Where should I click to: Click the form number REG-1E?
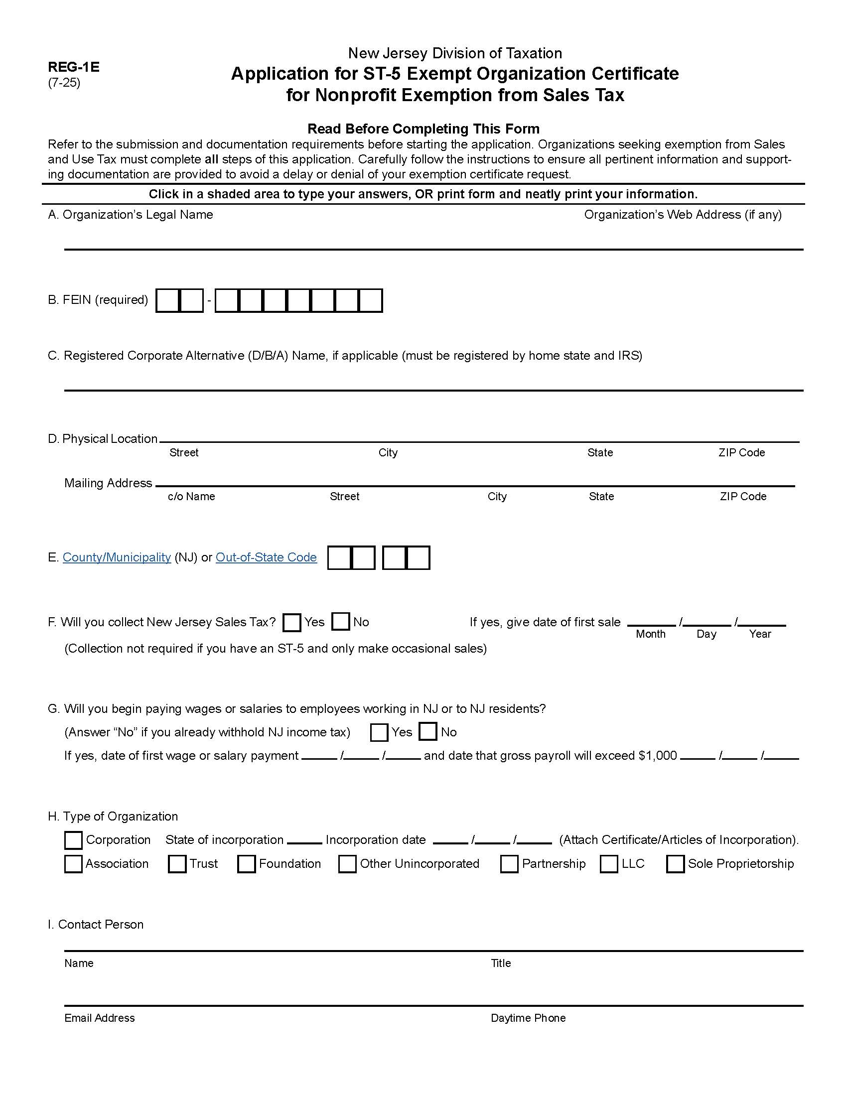(x=73, y=67)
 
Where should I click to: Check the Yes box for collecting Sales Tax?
(x=291, y=622)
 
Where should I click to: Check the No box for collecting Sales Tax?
(x=341, y=621)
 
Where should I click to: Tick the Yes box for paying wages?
(x=379, y=732)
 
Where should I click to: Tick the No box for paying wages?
(x=427, y=731)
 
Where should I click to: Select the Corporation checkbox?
(x=73, y=840)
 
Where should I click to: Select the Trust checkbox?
(x=177, y=864)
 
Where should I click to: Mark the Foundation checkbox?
(x=246, y=864)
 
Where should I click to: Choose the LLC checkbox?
(x=609, y=864)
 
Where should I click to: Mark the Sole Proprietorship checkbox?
(x=675, y=864)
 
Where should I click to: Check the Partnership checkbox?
(x=509, y=864)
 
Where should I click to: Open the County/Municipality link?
(x=117, y=557)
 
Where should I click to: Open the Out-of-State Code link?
(x=266, y=557)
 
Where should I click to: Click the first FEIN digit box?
(x=167, y=301)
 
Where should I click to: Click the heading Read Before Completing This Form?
(x=423, y=129)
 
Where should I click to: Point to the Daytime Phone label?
(x=528, y=1018)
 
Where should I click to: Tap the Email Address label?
(x=99, y=1018)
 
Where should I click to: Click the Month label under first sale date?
(x=650, y=634)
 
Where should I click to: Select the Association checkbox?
(x=73, y=864)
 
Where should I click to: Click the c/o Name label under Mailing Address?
(x=191, y=497)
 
